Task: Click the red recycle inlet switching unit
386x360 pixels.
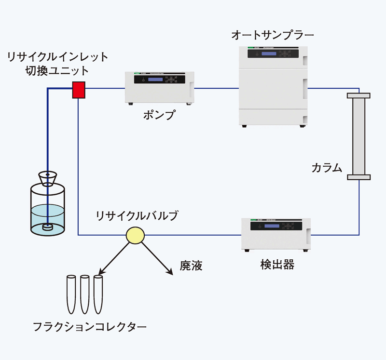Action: point(79,90)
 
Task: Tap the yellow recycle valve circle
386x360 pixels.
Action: point(135,235)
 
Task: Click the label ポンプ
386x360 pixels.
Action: point(159,115)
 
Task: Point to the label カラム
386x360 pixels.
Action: point(327,168)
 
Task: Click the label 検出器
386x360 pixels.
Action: point(277,265)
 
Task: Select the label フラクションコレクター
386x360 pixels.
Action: point(90,326)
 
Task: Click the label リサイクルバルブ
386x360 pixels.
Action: point(137,215)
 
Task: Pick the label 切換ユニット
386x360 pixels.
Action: point(57,71)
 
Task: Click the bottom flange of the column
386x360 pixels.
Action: point(358,177)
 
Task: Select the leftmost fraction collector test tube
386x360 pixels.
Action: point(71,293)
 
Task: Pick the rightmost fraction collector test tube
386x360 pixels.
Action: point(98,293)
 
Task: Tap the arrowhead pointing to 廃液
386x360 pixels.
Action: point(170,273)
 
